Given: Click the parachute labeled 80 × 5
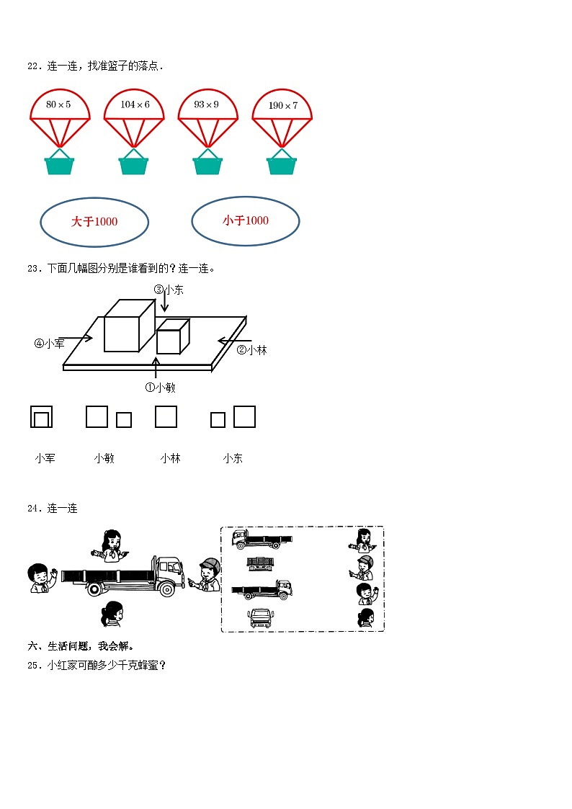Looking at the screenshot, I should (x=60, y=116).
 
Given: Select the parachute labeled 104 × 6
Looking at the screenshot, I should (x=134, y=116).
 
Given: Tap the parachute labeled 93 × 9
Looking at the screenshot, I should (x=207, y=116).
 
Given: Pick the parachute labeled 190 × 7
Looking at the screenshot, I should (x=282, y=116).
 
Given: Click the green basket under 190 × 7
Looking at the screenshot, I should (x=282, y=164).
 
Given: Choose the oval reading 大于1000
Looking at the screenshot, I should (x=94, y=222).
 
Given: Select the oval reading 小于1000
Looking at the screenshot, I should (x=246, y=220).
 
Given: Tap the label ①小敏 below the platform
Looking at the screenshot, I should (x=160, y=388).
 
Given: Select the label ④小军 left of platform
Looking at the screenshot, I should (x=49, y=344).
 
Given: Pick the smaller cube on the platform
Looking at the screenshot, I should (x=173, y=336).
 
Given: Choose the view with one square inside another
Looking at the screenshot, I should (x=41, y=416).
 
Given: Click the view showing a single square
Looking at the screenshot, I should (x=166, y=416).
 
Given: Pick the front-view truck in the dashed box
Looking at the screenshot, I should (x=260, y=617).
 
